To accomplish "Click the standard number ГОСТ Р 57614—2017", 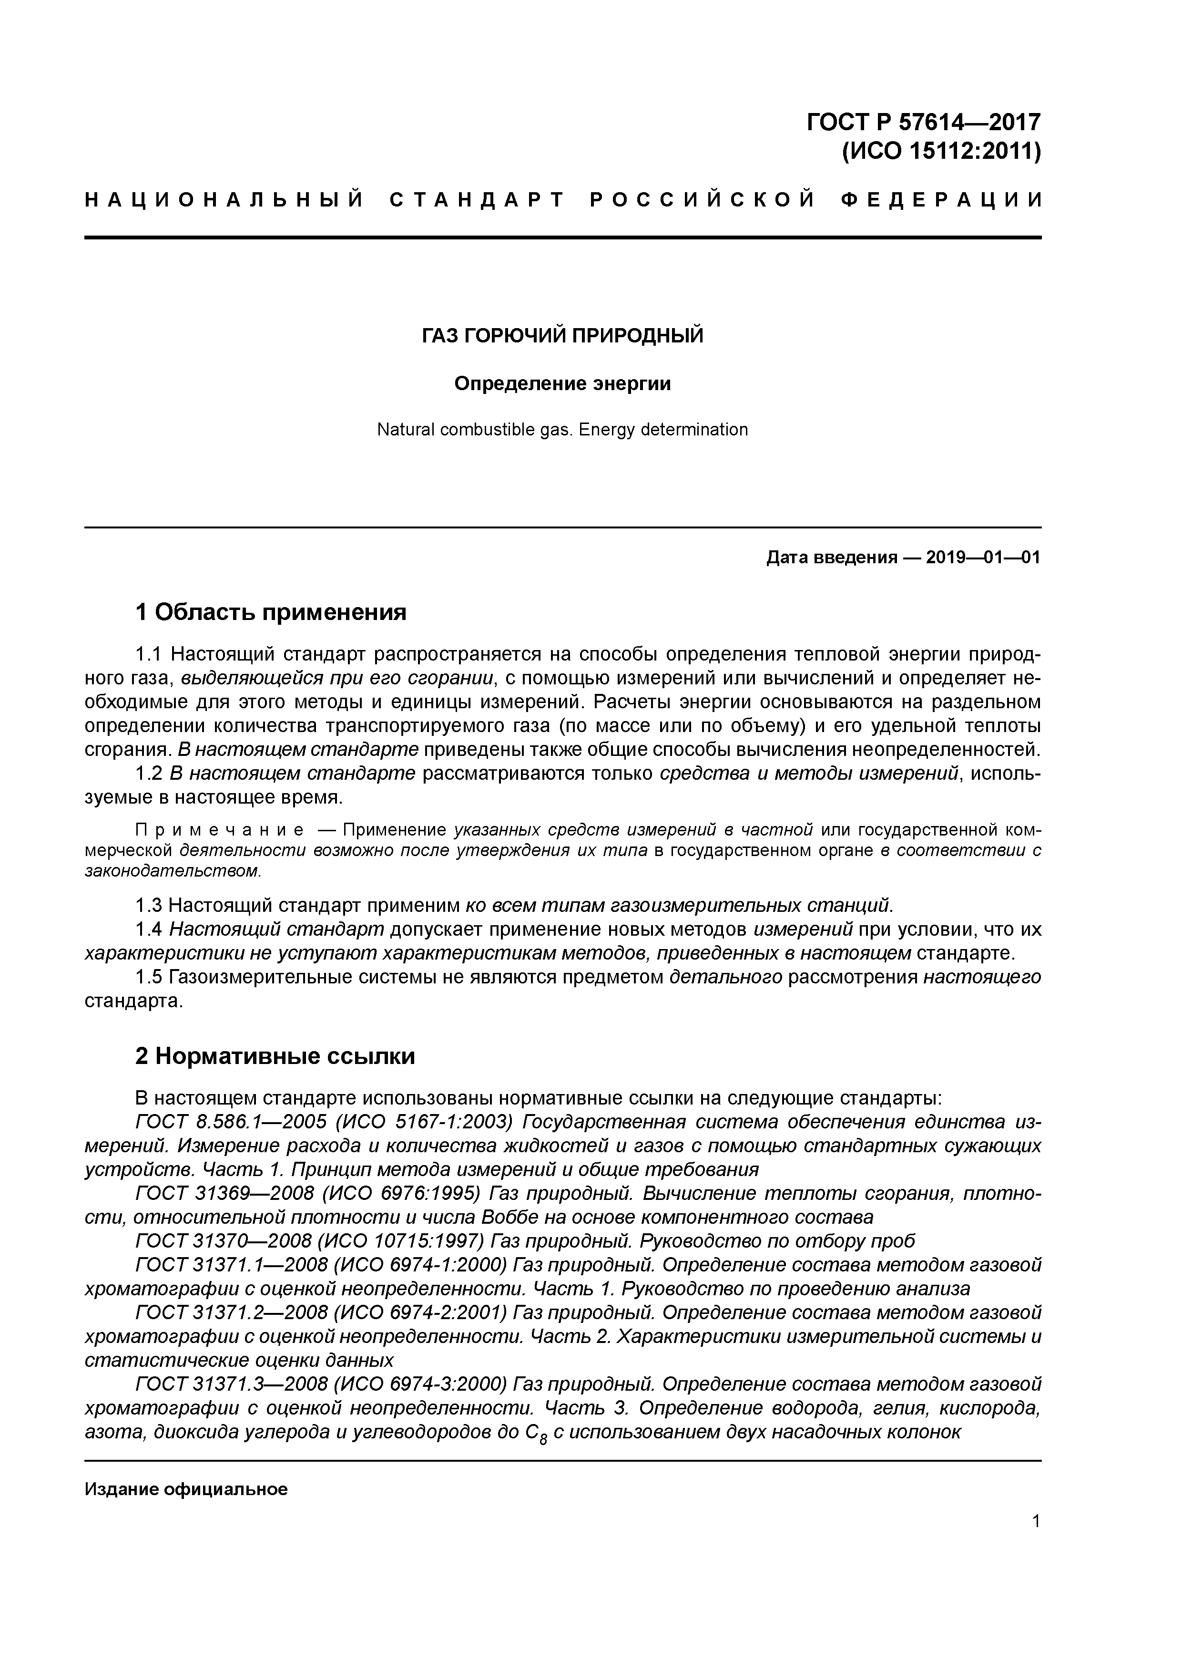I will pyautogui.click(x=924, y=121).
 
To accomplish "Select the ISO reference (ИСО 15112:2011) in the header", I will pyautogui.click(x=941, y=152).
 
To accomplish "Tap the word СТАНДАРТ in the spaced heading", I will pyautogui.click(x=477, y=200).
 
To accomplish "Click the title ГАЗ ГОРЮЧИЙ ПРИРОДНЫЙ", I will pyautogui.click(x=563, y=336).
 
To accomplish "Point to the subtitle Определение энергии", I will pyautogui.click(x=562, y=383).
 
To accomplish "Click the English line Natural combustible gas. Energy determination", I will pyautogui.click(x=562, y=430).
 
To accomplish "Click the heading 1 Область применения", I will pyautogui.click(x=270, y=612).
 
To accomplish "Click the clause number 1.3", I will pyautogui.click(x=149, y=906).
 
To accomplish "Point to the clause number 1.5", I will pyautogui.click(x=149, y=977).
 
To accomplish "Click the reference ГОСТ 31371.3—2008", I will pyautogui.click(x=226, y=1384).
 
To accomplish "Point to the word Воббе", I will pyautogui.click(x=502, y=1218).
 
